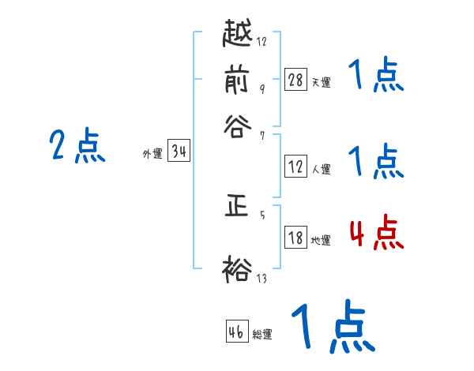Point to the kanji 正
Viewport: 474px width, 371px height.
(x=237, y=208)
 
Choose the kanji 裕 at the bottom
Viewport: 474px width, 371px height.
(x=237, y=268)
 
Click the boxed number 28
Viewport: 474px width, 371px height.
(x=295, y=80)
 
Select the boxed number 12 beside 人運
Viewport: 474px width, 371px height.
(x=295, y=167)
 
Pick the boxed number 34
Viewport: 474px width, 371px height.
(x=179, y=152)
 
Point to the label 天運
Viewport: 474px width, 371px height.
(x=321, y=82)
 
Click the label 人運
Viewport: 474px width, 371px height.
(x=321, y=169)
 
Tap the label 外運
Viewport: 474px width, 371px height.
(x=152, y=155)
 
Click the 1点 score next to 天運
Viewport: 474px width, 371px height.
(x=375, y=77)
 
